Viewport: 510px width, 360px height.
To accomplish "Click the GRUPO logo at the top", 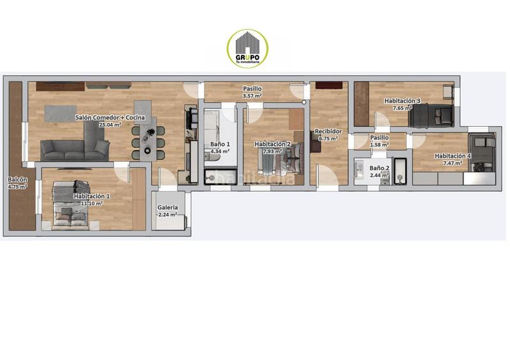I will (x=247, y=48).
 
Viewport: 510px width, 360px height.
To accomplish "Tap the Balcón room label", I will (x=17, y=180).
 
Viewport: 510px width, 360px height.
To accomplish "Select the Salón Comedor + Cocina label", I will (x=110, y=118).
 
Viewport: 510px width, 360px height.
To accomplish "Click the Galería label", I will (x=168, y=208).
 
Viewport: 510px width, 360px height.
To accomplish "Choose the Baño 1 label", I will (x=220, y=144).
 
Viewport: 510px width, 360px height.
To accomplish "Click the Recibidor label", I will (x=328, y=132).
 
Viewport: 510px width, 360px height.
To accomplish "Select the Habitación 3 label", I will (x=402, y=101).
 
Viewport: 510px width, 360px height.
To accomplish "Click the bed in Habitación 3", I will (x=431, y=115).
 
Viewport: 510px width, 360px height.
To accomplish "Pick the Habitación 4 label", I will (x=453, y=156).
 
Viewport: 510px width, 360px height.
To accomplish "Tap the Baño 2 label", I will (x=379, y=168).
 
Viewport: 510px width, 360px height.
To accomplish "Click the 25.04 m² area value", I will (x=110, y=125).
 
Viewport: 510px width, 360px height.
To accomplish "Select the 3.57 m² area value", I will (x=252, y=96).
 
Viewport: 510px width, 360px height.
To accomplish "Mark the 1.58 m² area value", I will (x=379, y=145).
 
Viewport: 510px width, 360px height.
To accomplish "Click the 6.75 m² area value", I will (x=328, y=139).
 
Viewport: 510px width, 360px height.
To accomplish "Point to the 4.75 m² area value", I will (x=17, y=187).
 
